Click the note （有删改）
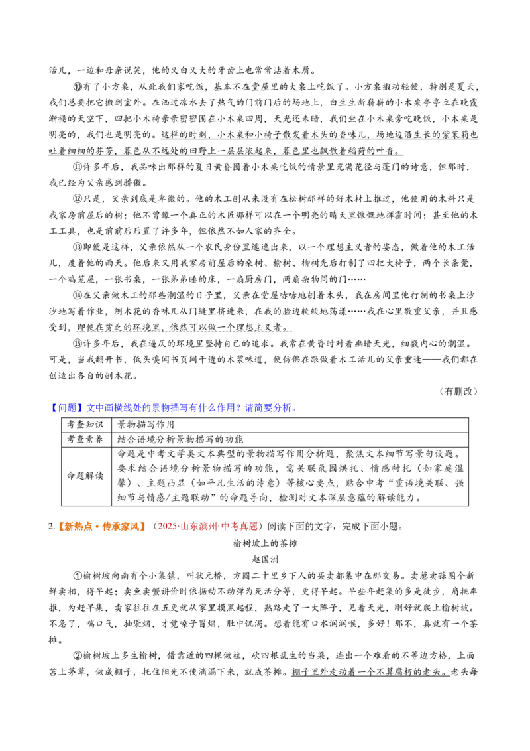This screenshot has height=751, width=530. (458, 391)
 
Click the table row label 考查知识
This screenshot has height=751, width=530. (85, 425)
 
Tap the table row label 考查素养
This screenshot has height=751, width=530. (85, 439)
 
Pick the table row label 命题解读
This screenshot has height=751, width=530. (85, 476)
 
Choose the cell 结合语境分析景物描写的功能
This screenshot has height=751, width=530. (181, 439)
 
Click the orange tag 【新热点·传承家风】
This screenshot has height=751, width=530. (101, 526)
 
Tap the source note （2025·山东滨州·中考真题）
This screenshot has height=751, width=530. (207, 526)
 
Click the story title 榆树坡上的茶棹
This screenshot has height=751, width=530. (265, 543)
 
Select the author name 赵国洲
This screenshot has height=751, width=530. (265, 559)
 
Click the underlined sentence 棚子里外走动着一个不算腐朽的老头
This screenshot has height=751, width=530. (371, 672)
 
